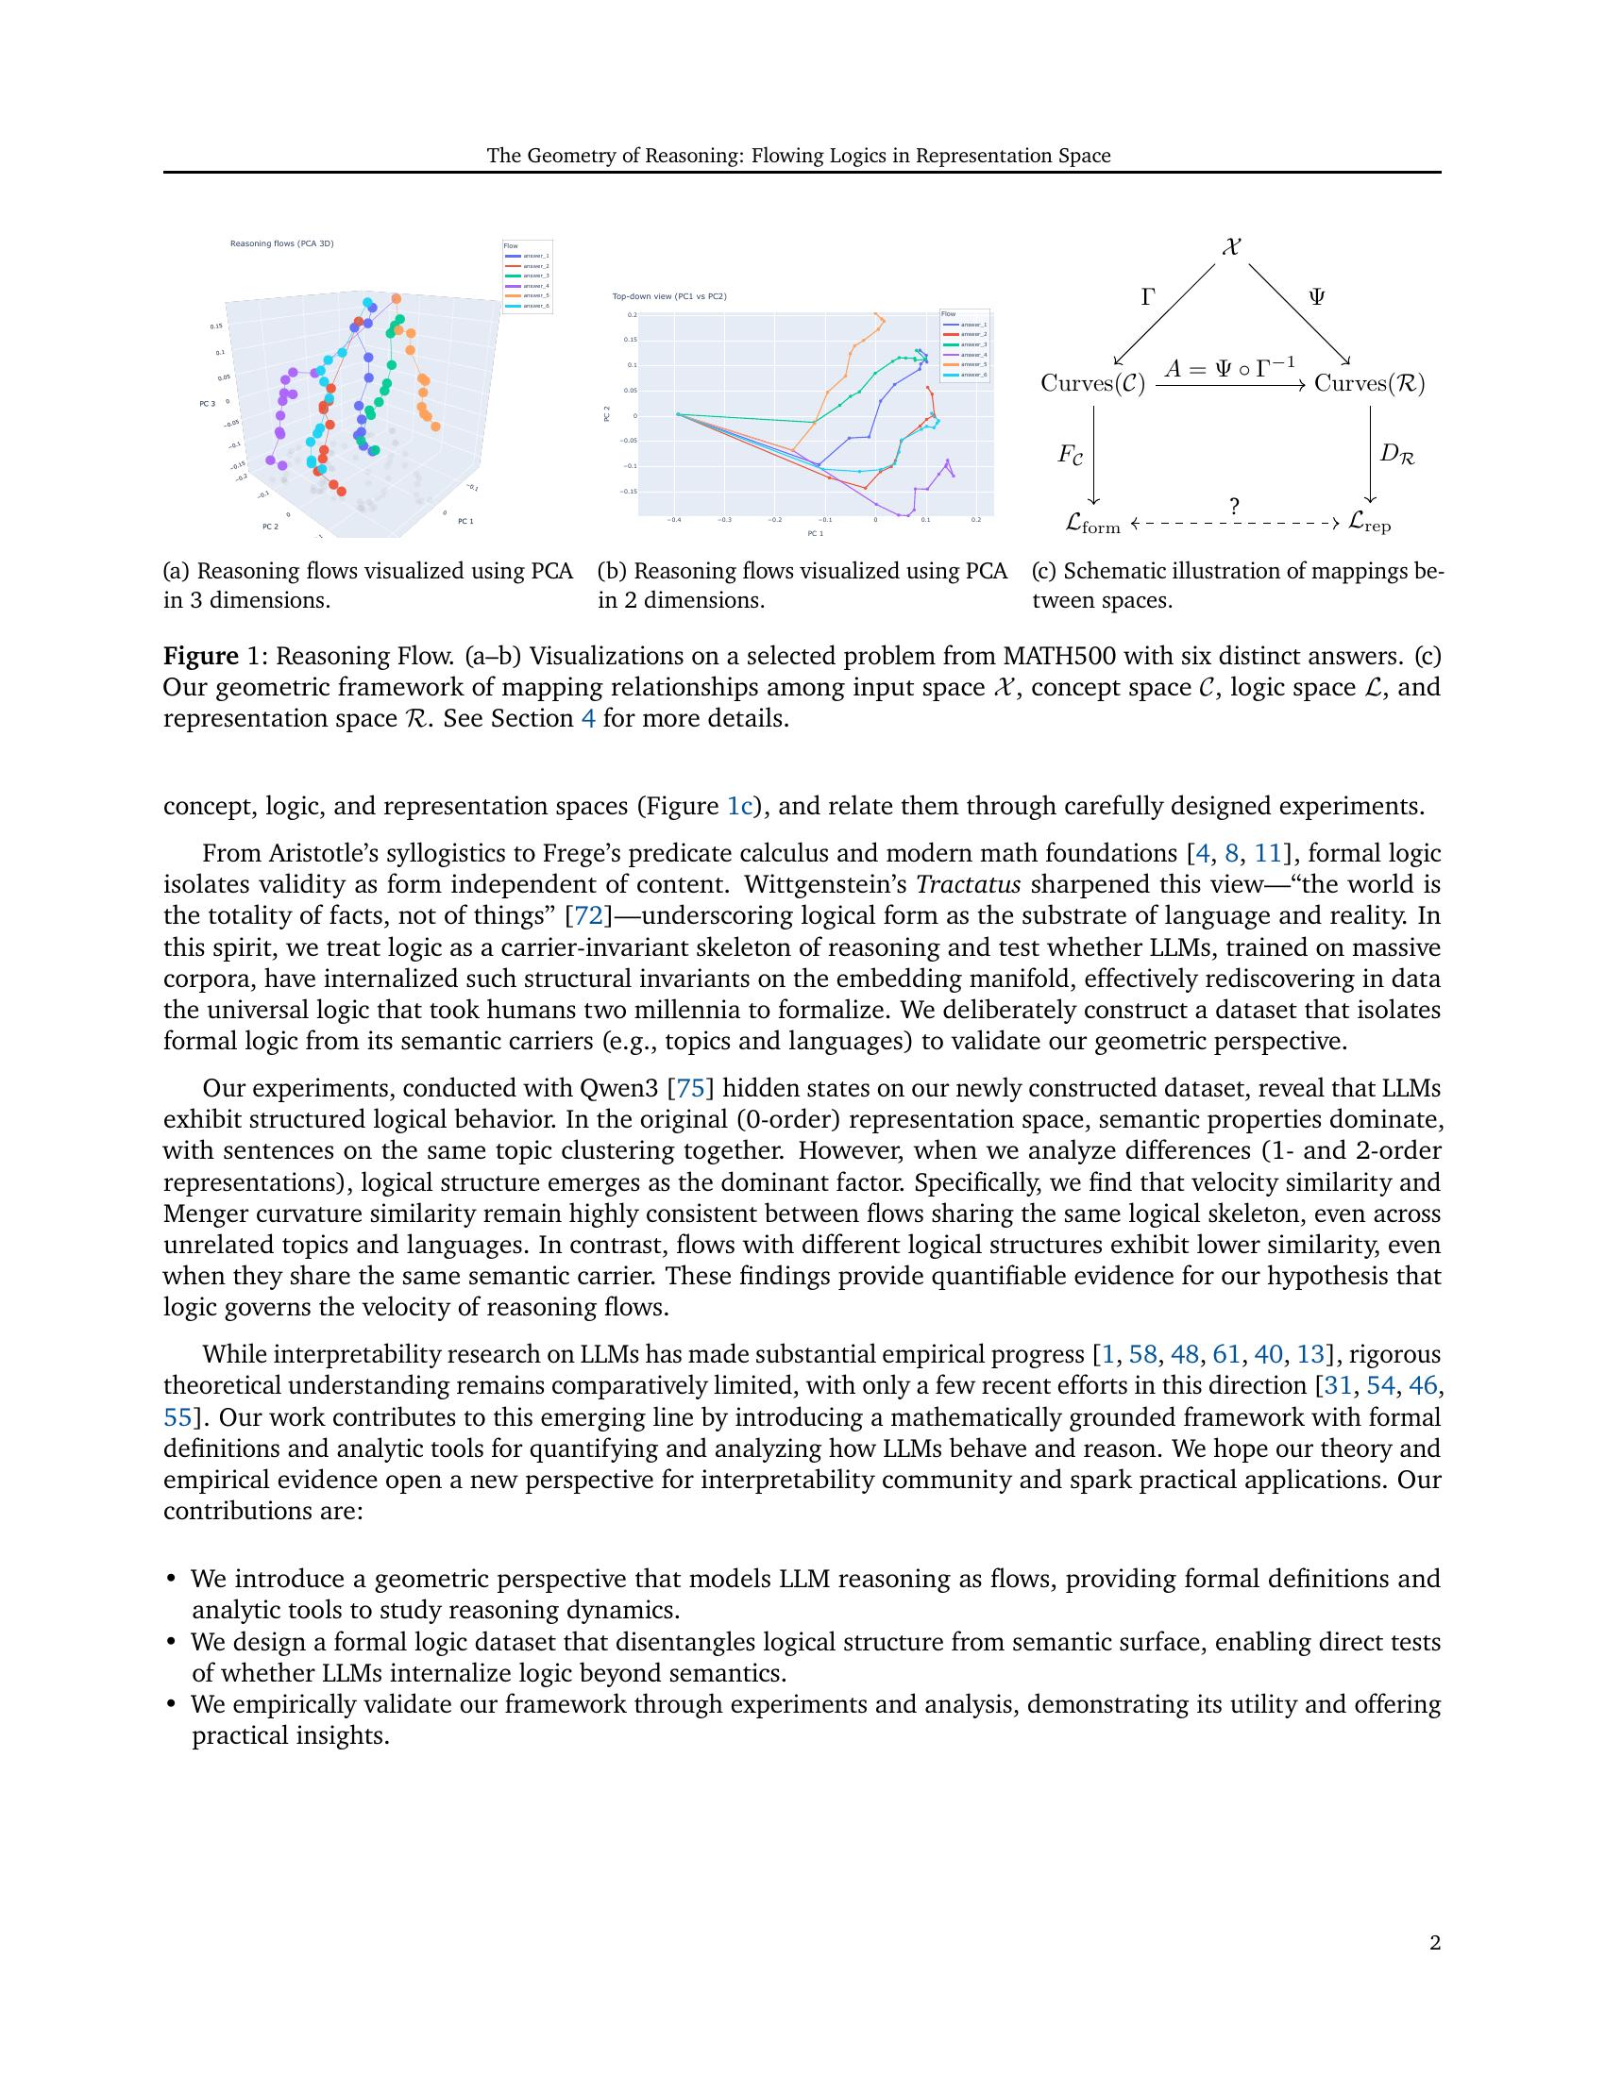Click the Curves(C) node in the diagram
tap(1092, 383)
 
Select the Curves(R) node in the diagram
tap(1369, 383)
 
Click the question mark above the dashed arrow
tap(1234, 507)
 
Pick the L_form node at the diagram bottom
tap(1092, 524)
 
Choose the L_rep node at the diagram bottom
tap(1369, 523)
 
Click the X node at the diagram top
tap(1231, 247)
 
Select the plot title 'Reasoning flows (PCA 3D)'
tap(281, 243)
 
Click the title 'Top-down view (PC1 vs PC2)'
tap(669, 296)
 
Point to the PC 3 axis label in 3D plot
tap(208, 404)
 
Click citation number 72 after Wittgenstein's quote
tap(583, 916)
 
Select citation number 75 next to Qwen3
tap(689, 1088)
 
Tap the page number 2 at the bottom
tap(1435, 1943)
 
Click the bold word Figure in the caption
tap(199, 657)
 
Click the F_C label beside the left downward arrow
tap(1071, 455)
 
